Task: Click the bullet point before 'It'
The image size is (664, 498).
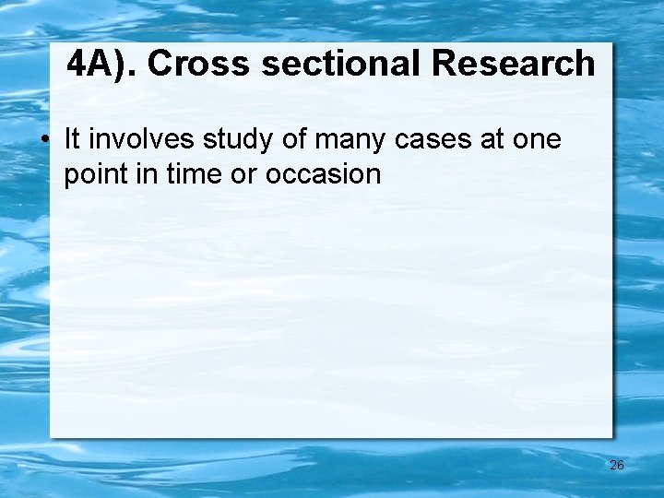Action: [44, 141]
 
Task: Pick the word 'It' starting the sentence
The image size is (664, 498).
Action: [72, 139]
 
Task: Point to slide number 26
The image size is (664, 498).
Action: [617, 466]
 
